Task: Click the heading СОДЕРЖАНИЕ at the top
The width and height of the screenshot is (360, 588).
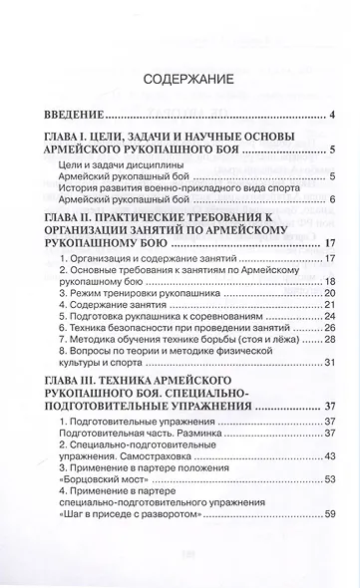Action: point(180,77)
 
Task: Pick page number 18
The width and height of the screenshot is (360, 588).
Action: point(328,281)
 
